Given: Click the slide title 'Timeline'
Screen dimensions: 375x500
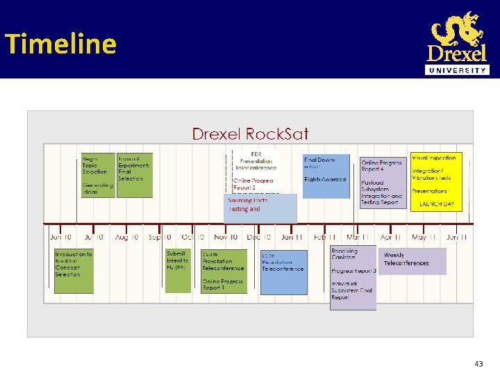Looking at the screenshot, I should pyautogui.click(x=60, y=44).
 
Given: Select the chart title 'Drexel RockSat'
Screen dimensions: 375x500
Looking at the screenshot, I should pyautogui.click(x=250, y=133).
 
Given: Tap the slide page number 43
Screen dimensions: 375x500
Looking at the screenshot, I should pyautogui.click(x=478, y=364).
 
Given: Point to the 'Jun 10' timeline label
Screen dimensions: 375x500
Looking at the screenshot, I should pyautogui.click(x=60, y=237).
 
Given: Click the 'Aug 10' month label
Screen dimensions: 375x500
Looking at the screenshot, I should pyautogui.click(x=126, y=237).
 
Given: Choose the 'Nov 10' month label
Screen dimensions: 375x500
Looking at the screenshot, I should pyautogui.click(x=225, y=237).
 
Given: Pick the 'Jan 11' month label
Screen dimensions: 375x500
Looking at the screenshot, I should pyautogui.click(x=292, y=237).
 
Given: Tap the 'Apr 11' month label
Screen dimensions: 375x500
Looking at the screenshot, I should pyautogui.click(x=390, y=237).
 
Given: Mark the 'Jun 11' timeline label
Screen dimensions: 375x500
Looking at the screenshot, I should pyautogui.click(x=456, y=237).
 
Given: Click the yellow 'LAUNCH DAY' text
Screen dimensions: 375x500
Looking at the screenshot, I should pyautogui.click(x=436, y=205).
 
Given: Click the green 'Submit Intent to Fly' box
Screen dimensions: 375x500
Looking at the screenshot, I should pyautogui.click(x=177, y=270).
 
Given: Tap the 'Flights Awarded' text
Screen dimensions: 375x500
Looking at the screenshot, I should pyautogui.click(x=325, y=179).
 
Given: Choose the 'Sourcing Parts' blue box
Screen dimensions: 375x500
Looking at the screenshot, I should pyautogui.click(x=262, y=208).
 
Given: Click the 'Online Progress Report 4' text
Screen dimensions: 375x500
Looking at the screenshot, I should pyautogui.click(x=381, y=166).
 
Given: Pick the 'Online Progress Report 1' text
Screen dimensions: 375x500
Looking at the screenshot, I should pyautogui.click(x=222, y=284).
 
